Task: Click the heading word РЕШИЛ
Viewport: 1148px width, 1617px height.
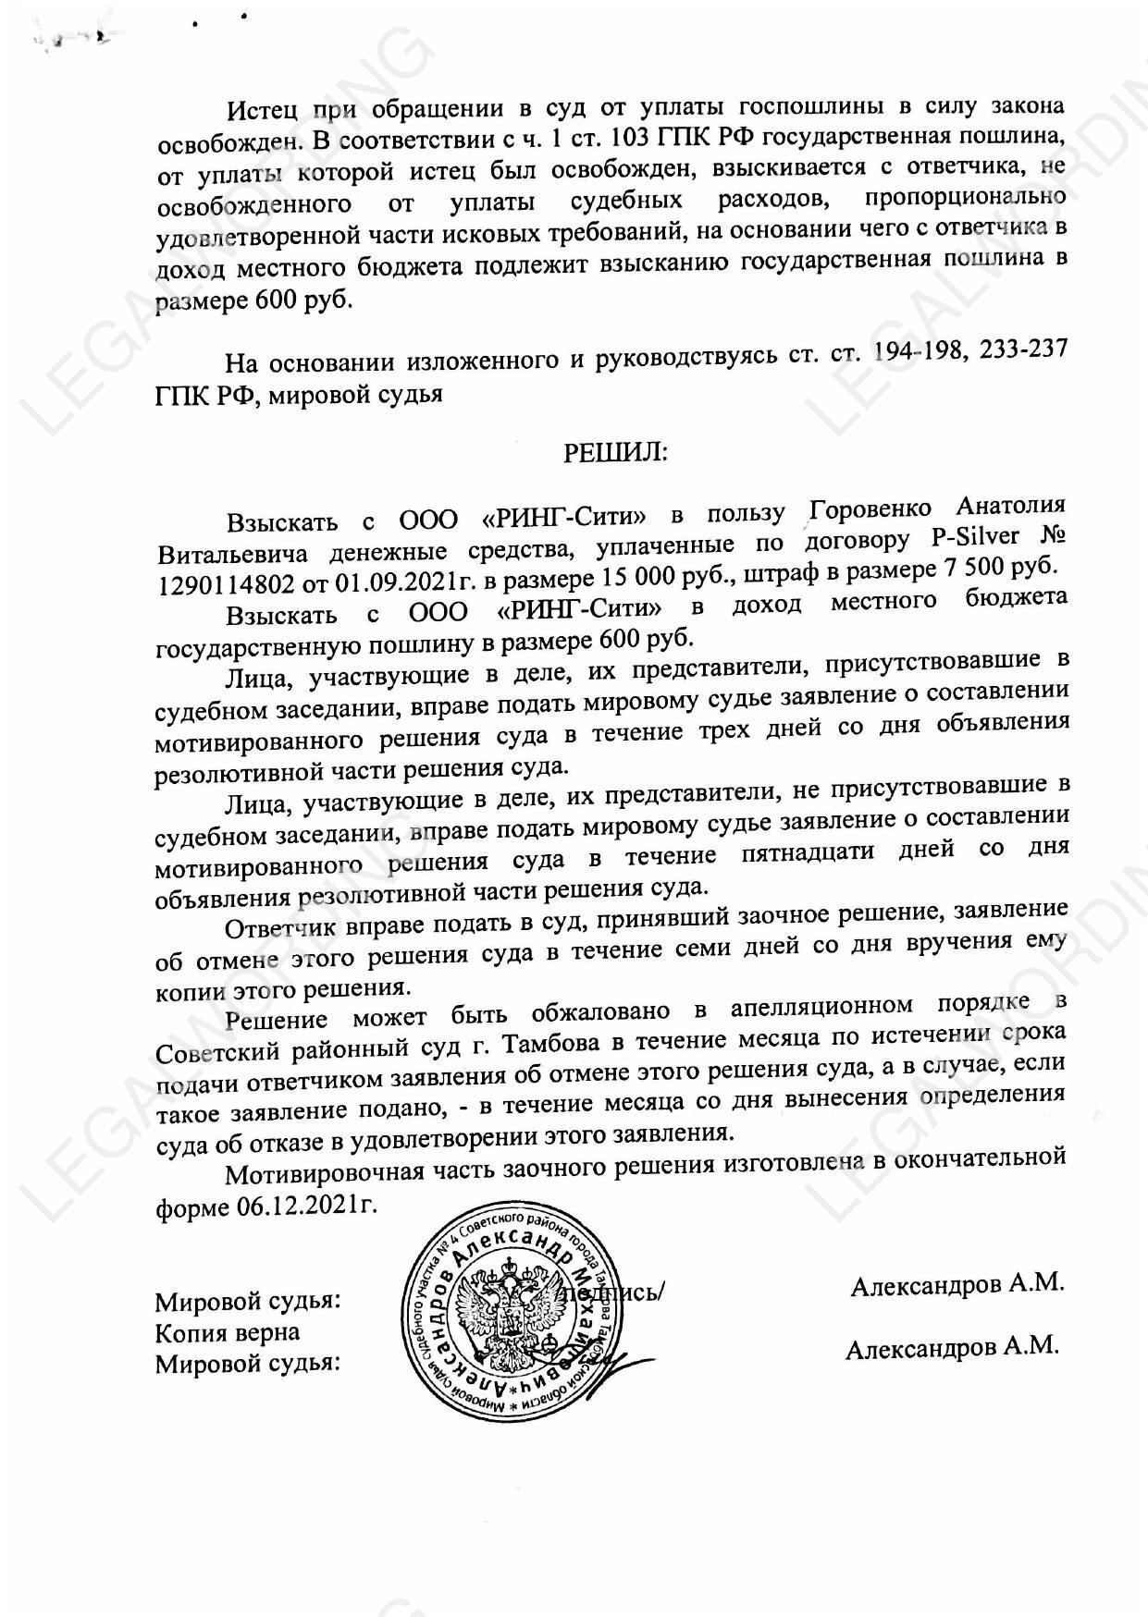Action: [x=615, y=452]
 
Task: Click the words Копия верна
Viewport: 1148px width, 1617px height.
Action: [x=227, y=1332]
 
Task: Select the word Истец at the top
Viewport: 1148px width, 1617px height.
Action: [x=263, y=111]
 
